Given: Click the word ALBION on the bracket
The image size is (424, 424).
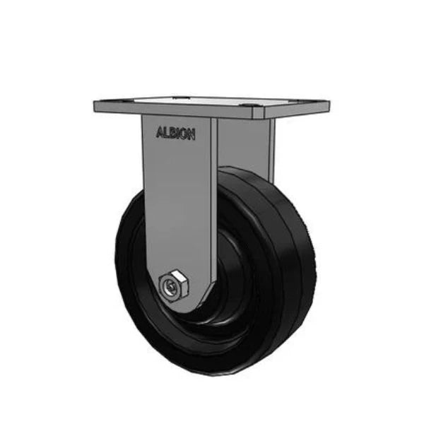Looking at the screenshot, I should (175, 134).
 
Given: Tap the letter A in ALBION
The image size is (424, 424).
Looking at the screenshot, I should (159, 132).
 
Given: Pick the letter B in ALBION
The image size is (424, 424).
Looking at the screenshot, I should (172, 134).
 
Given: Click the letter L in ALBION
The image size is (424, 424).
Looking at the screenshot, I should (165, 133).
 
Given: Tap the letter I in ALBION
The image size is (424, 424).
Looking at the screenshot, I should (177, 134).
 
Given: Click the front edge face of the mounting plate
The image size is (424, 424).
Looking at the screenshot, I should (212, 113).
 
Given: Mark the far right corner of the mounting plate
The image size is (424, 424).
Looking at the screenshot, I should (329, 106).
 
